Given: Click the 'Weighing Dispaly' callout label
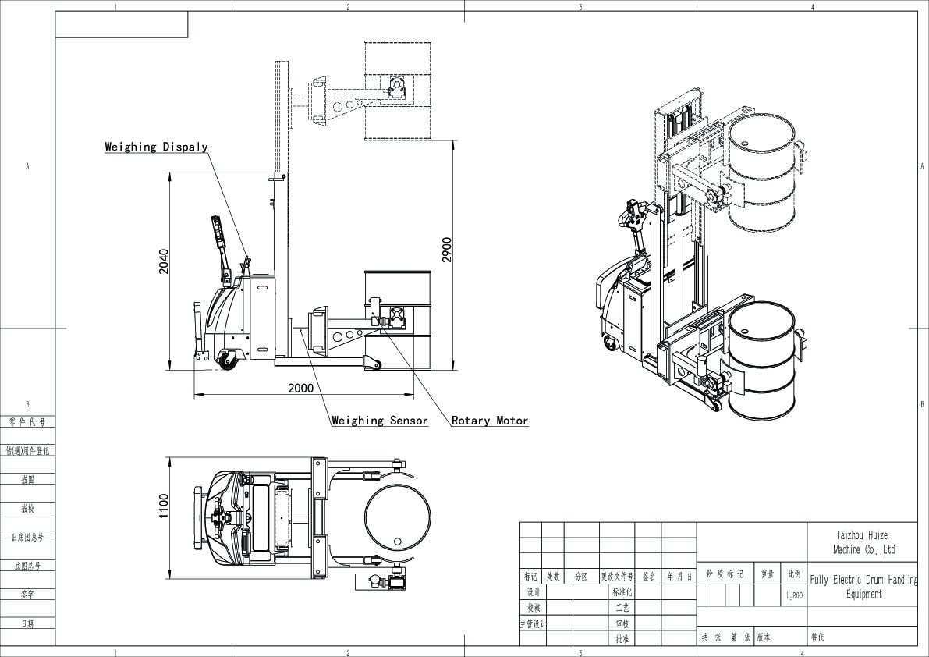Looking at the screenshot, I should coord(156,147).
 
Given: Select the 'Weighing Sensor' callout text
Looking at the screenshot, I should coord(380,421).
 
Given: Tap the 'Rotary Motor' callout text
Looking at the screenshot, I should coord(490,421).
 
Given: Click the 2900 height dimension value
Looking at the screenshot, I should coord(446,249).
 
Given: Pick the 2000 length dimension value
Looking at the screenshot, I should coord(300,388).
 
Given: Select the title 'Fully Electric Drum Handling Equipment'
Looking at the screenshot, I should coord(864,587).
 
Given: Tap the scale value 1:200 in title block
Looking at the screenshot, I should coord(794,595).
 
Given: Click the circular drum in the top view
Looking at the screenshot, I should coord(397,517).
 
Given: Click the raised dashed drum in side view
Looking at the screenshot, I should coord(397,90).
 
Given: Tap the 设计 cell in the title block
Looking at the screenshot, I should coord(534,592).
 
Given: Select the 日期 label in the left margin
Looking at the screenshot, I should coord(27,623).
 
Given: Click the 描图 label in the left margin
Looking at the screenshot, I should coord(27,480).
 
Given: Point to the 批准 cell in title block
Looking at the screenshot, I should coord(621,638).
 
